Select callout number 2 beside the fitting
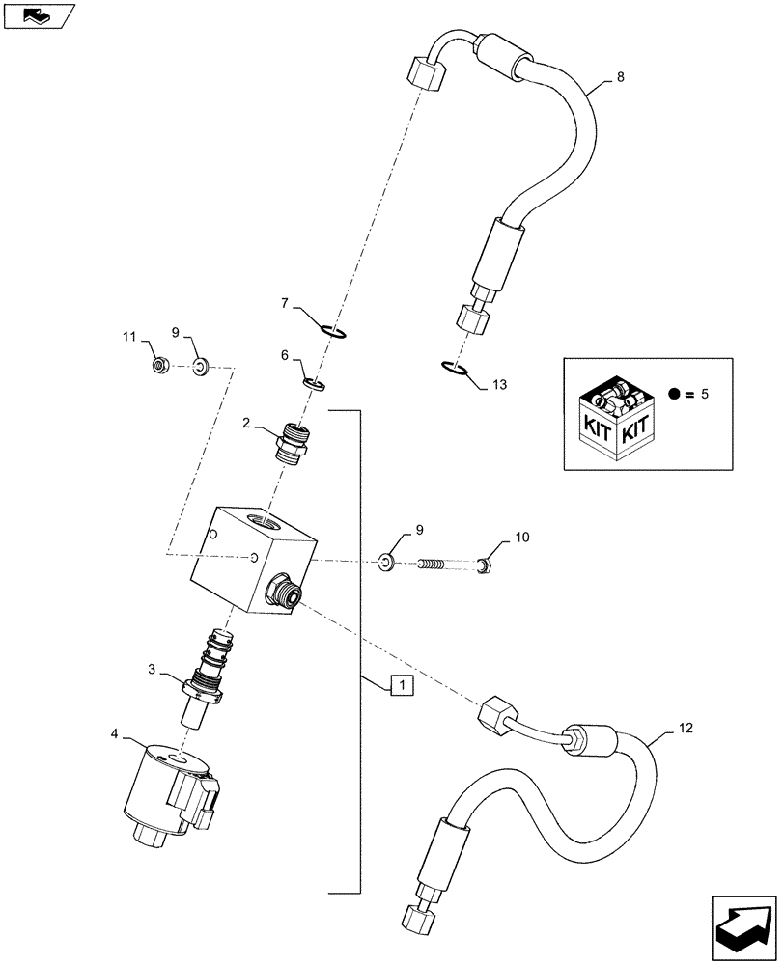click(x=247, y=422)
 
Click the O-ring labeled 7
click(x=335, y=333)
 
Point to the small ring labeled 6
click(x=313, y=385)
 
